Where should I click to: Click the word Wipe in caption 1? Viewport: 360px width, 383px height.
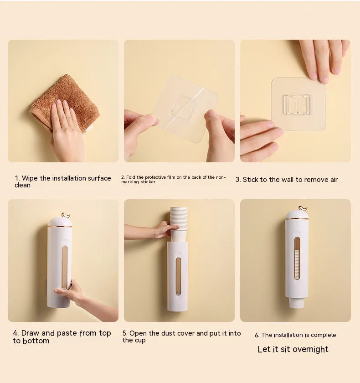tap(30, 178)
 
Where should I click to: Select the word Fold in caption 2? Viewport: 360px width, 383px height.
tap(130, 177)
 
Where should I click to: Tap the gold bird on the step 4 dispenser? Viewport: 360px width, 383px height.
tap(66, 215)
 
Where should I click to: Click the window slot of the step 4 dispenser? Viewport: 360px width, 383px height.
tap(65, 268)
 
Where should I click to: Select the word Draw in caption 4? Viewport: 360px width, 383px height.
tap(31, 333)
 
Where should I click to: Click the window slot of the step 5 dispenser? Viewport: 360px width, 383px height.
tap(179, 276)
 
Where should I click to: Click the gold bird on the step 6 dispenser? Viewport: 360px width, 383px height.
tap(303, 208)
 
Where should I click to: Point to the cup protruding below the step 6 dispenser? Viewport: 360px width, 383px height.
tap(296, 303)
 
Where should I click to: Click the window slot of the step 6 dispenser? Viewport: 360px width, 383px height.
tap(297, 258)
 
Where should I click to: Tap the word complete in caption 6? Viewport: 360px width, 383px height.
tap(323, 335)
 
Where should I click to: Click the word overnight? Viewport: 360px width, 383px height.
tap(310, 350)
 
